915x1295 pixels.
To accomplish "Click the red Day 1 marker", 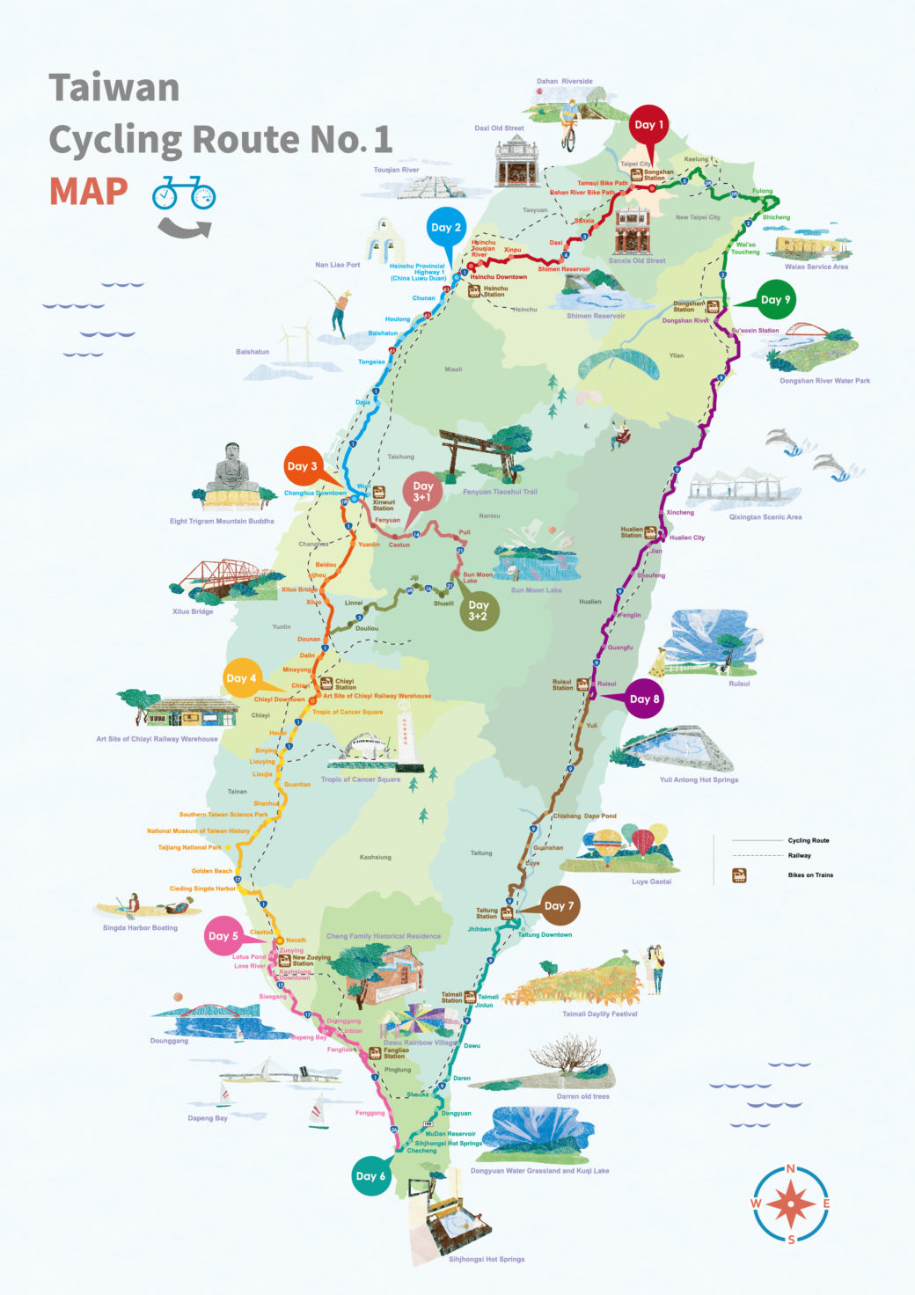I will [648, 125].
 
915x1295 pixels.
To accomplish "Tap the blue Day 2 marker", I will [445, 228].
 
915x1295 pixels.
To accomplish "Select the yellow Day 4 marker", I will [241, 678].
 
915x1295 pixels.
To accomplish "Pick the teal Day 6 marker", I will [370, 1176].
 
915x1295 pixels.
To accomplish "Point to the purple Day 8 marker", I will [644, 699].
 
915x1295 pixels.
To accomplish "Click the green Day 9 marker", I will [775, 300].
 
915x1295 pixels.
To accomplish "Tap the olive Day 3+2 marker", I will [478, 611].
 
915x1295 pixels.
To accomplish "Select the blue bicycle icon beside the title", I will [184, 194].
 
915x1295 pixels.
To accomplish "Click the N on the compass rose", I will [790, 1169].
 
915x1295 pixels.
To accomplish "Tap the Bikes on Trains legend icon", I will [739, 875].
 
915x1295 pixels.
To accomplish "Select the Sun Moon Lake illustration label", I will [536, 590].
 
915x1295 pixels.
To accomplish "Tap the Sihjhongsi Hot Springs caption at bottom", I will [487, 1259].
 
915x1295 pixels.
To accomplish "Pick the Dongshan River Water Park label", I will [824, 381].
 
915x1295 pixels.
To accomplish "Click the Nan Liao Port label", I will [337, 265].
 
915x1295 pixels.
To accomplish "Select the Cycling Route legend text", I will [808, 840].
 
